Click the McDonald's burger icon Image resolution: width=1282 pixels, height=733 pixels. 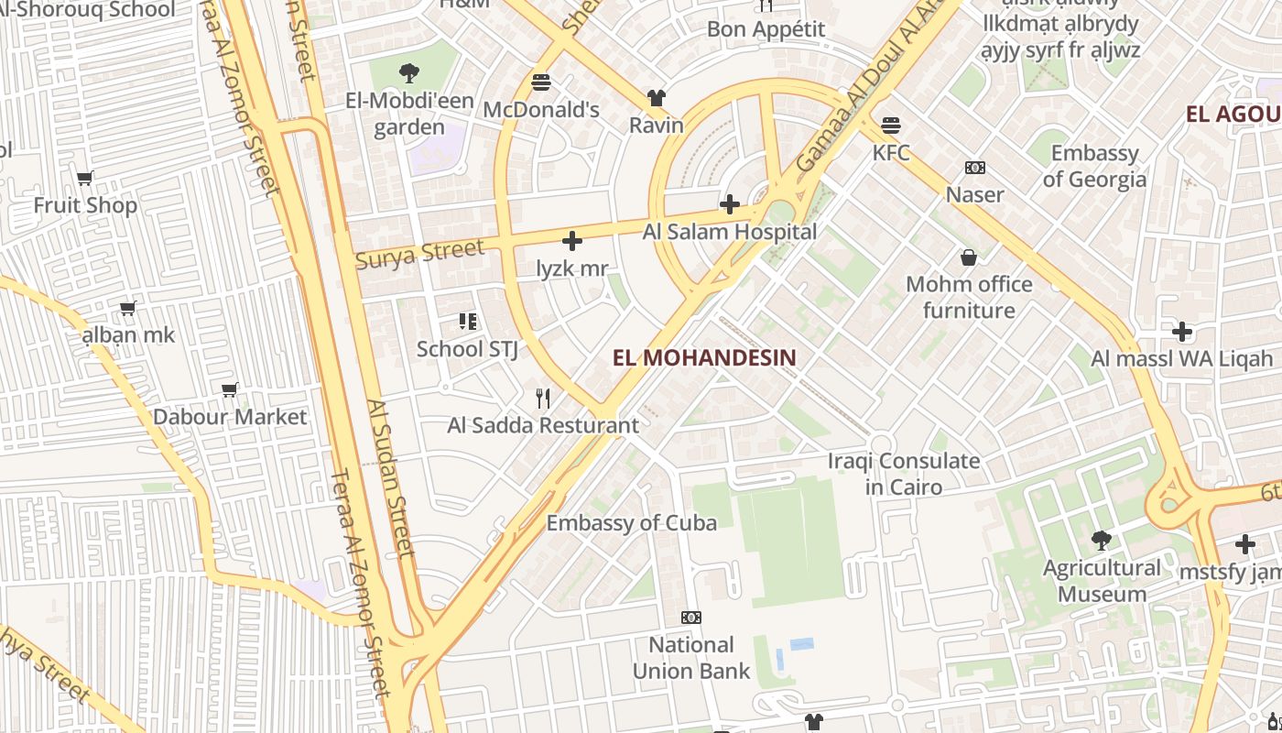coord(541,82)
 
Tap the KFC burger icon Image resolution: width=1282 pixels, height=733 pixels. coord(891,125)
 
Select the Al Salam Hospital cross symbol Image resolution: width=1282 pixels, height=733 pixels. coord(730,203)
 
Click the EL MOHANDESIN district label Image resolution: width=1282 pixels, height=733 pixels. coord(704,357)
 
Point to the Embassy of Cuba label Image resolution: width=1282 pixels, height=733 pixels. coord(631,522)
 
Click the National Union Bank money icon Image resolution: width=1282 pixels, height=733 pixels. coord(691,618)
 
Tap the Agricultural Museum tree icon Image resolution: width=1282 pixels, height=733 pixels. coord(1102,540)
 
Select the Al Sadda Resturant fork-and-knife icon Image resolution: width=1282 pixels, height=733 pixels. coord(543,398)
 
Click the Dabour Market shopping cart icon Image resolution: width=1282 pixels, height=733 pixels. coord(230,389)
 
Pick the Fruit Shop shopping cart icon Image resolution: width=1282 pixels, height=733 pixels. coord(85,178)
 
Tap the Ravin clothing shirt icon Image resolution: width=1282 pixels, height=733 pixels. coord(657,97)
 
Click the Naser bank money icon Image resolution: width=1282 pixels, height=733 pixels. coord(975,168)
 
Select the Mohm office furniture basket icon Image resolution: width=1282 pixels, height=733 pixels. coord(969,257)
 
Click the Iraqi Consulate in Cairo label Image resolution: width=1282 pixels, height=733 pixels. coord(904,473)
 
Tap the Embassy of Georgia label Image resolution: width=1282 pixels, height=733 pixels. coord(1094,166)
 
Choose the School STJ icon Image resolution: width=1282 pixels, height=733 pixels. coord(468,322)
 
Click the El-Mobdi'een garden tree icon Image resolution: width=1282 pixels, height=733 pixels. coord(409,72)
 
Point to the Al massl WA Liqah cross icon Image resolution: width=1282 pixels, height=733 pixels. coord(1182,331)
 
